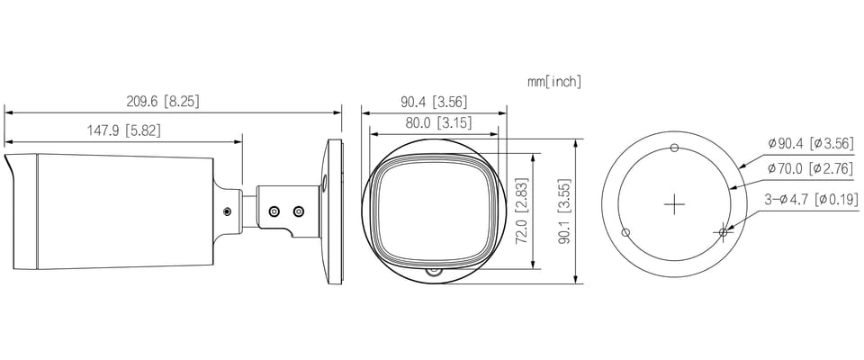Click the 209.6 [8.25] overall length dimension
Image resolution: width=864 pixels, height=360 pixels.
tap(163, 102)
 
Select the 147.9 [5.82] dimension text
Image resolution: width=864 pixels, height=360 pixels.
tap(124, 130)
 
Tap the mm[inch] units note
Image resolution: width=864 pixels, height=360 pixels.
tap(554, 82)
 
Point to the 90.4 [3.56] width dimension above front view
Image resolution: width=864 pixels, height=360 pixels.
tap(434, 102)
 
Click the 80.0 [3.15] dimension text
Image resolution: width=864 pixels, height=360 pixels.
tap(438, 123)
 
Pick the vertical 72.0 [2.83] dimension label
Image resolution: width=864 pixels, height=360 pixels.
tap(522, 210)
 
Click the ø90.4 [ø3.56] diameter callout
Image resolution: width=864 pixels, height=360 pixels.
tap(814, 144)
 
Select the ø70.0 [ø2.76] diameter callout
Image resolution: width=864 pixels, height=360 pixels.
tap(814, 168)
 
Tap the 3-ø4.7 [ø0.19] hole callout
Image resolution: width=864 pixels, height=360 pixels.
tap(811, 199)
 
